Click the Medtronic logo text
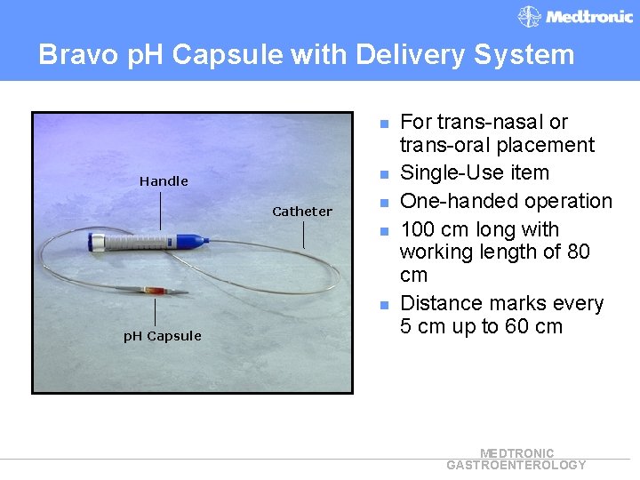coord(588,16)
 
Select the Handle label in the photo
coord(164,181)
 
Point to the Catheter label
coord(302,212)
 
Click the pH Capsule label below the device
coord(162,336)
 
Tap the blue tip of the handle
coord(192,240)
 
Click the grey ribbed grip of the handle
coord(143,241)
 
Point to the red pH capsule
coord(160,291)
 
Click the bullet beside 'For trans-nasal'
coord(385,123)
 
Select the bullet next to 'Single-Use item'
coord(385,173)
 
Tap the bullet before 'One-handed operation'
coord(385,202)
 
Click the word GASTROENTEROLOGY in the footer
coord(516,465)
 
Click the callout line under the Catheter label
coord(303,234)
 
